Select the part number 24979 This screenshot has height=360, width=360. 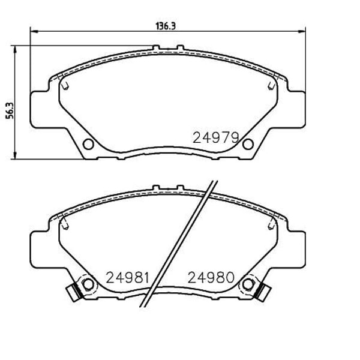click(215, 137)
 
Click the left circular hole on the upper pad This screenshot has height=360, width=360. click(88, 144)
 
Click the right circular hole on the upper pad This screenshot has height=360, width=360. click(248, 144)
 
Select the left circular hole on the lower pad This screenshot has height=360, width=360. click(88, 284)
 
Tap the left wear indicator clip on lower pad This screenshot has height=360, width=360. click(73, 292)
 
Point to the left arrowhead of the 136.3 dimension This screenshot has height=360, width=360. click(34, 32)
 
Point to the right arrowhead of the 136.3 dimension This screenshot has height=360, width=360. click(303, 32)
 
